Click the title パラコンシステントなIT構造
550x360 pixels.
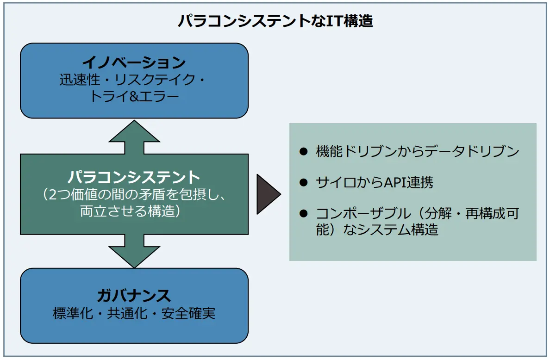pyautogui.click(x=275, y=21)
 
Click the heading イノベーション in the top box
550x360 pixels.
pyautogui.click(x=134, y=62)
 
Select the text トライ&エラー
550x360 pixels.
pyautogui.click(x=134, y=97)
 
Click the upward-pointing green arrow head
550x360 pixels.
pyautogui.click(x=134, y=131)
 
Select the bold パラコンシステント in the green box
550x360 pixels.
pyautogui.click(x=134, y=177)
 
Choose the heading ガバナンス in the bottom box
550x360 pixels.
pyautogui.click(x=134, y=295)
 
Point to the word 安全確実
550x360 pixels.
pyautogui.click(x=188, y=314)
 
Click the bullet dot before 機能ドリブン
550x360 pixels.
pyautogui.click(x=304, y=151)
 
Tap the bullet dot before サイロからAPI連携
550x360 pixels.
pyautogui.click(x=304, y=182)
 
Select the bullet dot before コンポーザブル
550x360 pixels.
pyautogui.click(x=304, y=213)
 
